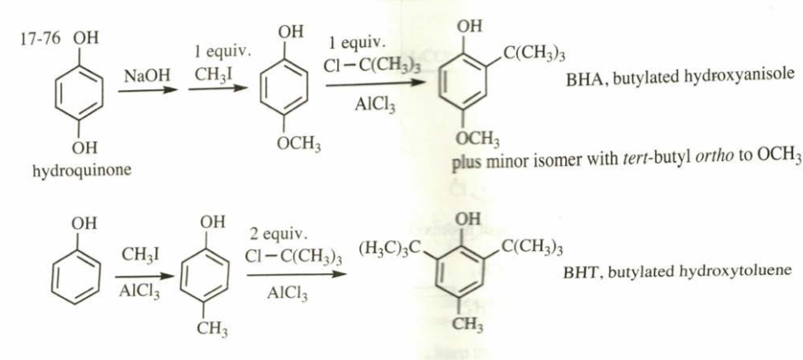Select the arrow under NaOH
pyautogui.click(x=148, y=89)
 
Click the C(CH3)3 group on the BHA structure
pyautogui.click(x=535, y=55)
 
